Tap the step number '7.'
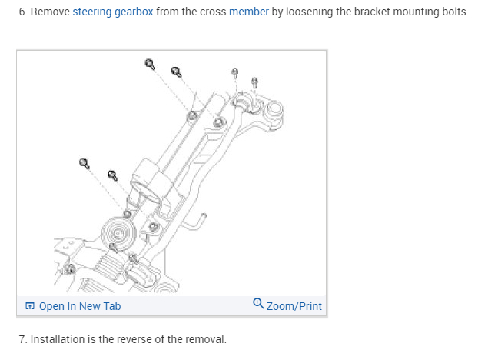point(23,339)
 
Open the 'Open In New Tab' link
point(79,306)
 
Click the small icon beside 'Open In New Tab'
point(29,306)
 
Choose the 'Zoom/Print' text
point(294,306)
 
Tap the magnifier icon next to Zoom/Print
point(258,305)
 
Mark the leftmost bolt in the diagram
point(84,163)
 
